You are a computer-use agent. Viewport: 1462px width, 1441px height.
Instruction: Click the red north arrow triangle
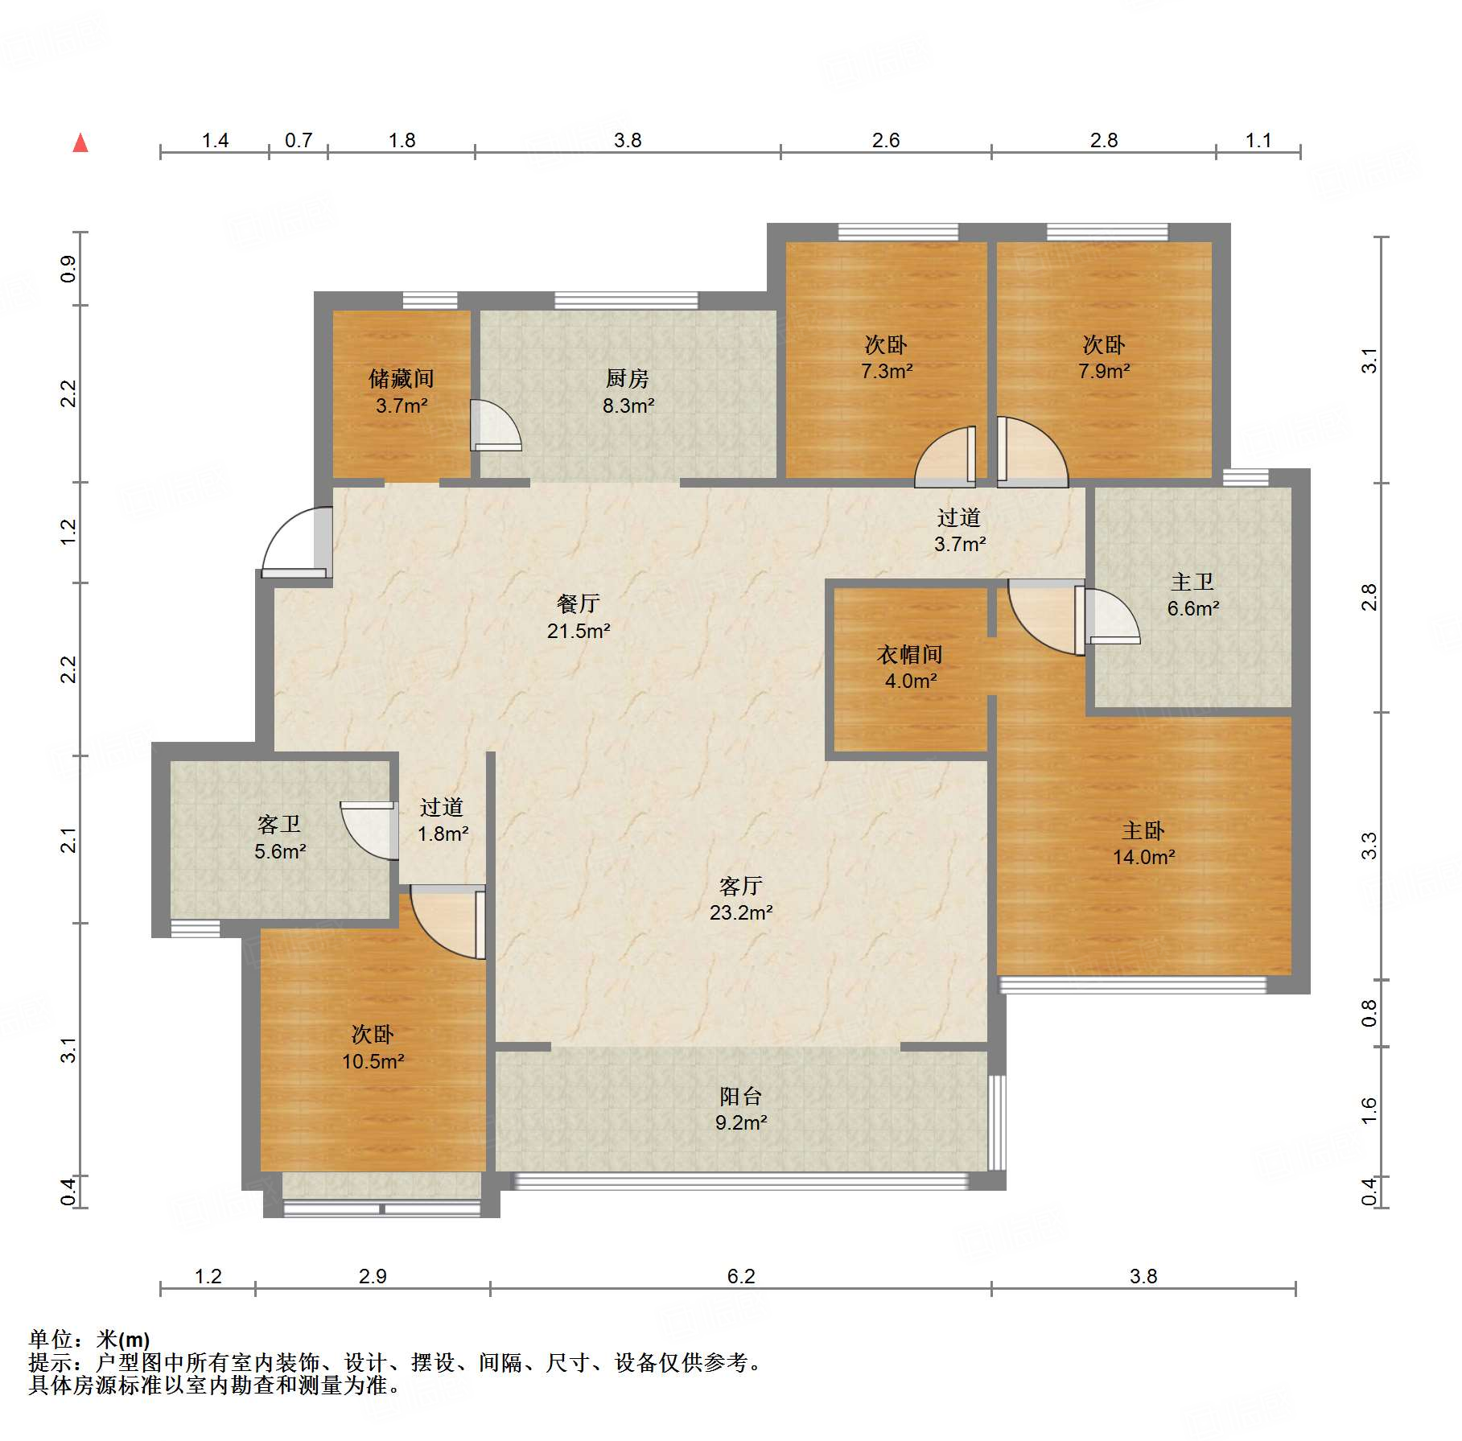coord(80,143)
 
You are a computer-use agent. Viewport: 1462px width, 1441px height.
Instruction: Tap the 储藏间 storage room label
coord(402,378)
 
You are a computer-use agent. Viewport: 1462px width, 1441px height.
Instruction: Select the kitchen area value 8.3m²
coord(628,406)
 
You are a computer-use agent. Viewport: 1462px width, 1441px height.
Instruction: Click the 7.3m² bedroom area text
coord(887,371)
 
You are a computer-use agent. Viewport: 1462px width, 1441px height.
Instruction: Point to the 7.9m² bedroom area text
coord(1104,371)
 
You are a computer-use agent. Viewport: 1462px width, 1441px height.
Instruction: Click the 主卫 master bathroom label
coord(1192,582)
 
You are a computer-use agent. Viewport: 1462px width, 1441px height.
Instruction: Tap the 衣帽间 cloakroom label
coord(910,654)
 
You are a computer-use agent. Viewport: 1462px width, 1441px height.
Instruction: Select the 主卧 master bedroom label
coord(1143,830)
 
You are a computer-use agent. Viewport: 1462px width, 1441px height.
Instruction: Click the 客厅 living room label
coord(741,886)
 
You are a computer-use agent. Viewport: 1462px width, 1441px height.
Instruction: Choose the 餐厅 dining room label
coord(579,603)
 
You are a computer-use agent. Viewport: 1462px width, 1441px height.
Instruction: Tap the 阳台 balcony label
coord(741,1096)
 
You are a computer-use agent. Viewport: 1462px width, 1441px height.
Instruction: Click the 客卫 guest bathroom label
coord(279,824)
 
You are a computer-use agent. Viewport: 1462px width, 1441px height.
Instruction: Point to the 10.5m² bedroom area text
coord(373,1061)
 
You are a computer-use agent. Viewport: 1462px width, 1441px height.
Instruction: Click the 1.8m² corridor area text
coord(443,834)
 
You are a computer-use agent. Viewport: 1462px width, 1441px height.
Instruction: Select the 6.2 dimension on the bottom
coord(741,1276)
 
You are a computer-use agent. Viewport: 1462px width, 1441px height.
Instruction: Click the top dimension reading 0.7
coord(299,140)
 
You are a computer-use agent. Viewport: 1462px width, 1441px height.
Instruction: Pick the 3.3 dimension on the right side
coord(1369,846)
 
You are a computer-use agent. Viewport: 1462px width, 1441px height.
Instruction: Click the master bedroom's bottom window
coord(1132,985)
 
